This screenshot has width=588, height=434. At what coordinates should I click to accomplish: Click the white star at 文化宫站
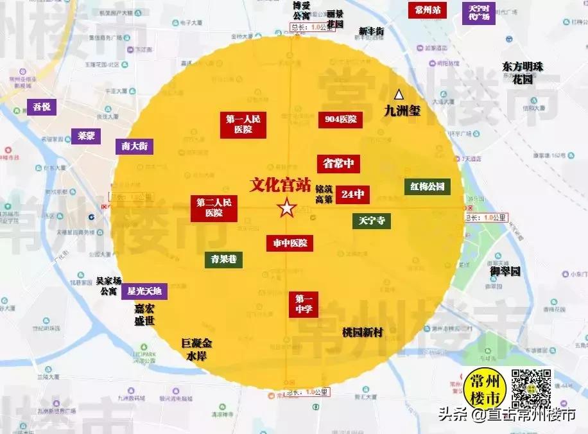click(x=286, y=208)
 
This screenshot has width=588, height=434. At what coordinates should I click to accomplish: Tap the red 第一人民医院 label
click(x=242, y=124)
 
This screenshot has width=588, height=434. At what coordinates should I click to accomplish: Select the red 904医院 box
click(x=340, y=119)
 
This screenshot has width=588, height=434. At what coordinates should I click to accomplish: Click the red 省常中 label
click(x=338, y=164)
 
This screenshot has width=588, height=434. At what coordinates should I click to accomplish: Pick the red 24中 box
click(x=353, y=194)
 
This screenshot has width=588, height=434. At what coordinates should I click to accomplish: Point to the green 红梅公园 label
click(x=427, y=187)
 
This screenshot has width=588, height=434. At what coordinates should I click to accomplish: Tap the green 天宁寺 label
click(x=372, y=221)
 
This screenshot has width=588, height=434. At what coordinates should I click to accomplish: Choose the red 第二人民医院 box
click(x=214, y=207)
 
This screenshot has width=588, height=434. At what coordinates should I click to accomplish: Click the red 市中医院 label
click(x=290, y=243)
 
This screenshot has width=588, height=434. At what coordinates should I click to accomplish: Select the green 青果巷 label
click(x=224, y=259)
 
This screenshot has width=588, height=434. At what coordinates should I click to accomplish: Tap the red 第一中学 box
click(x=303, y=304)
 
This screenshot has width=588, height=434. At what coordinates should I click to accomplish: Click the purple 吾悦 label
click(x=42, y=107)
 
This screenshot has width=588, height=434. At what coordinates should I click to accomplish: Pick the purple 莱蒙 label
click(x=86, y=136)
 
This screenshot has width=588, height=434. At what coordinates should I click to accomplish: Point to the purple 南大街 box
click(x=134, y=146)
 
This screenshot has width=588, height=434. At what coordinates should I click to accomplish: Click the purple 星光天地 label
click(x=144, y=291)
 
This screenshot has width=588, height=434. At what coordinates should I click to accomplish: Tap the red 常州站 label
click(x=428, y=10)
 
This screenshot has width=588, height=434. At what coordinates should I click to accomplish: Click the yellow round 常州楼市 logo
click(x=485, y=389)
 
